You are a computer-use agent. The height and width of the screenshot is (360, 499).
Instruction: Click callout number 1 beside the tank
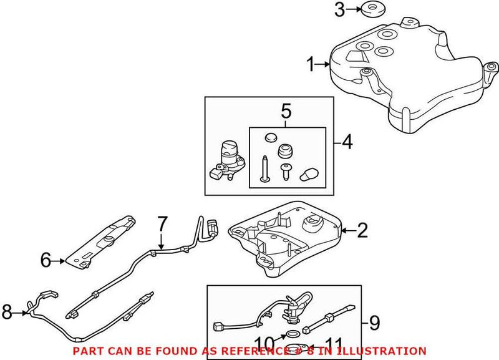pyautogui.click(x=311, y=64)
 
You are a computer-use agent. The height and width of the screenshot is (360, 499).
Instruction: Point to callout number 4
pyautogui.click(x=347, y=143)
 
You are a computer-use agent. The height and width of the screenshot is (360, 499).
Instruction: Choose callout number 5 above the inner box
pyautogui.click(x=286, y=112)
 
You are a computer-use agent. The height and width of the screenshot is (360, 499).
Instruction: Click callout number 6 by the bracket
pyautogui.click(x=46, y=260)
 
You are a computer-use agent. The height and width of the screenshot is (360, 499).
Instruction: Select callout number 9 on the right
pyautogui.click(x=374, y=323)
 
